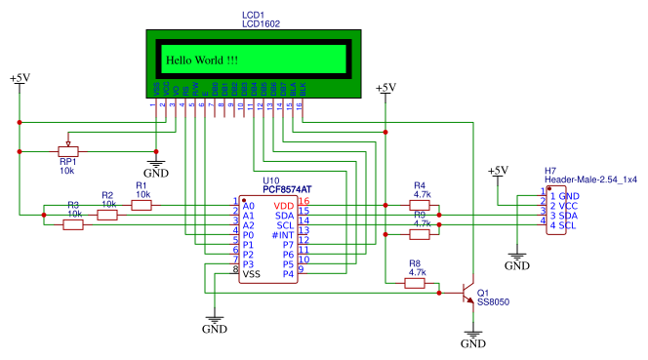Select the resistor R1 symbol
142,205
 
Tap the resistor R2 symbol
107,215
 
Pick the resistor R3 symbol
73,224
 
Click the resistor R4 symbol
421,205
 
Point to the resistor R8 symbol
416,284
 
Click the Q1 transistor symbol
467,292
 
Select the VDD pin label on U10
284,206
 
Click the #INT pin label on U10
283,236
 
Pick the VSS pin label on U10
252,274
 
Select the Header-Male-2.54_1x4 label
590,180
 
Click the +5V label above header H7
499,171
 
